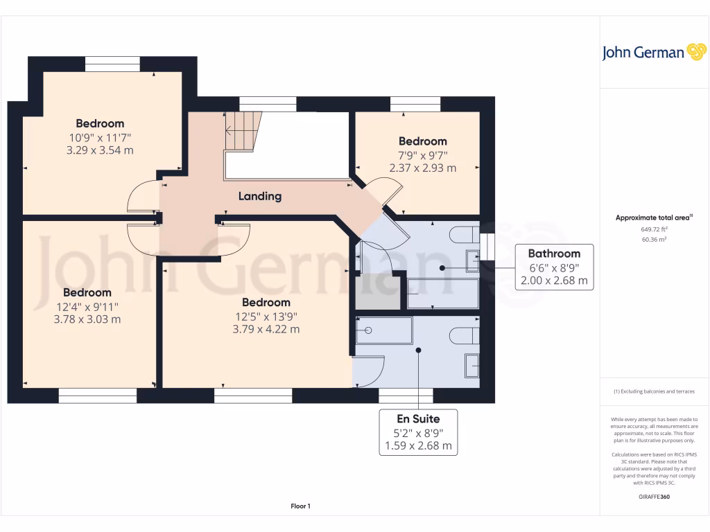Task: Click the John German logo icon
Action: coord(695,53)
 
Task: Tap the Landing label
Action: coord(260,196)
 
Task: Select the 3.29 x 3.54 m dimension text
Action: coord(100,150)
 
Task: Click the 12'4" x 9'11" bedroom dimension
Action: coord(88,306)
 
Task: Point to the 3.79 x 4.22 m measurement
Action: coord(266,329)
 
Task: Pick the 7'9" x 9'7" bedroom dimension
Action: coord(422,154)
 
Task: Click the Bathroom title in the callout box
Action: coord(554,254)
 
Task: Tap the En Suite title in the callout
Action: coord(418,418)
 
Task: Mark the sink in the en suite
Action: coord(472,366)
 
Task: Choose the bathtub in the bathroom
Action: coord(442,294)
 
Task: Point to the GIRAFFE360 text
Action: coord(654,497)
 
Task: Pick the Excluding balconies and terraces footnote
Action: coord(654,391)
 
